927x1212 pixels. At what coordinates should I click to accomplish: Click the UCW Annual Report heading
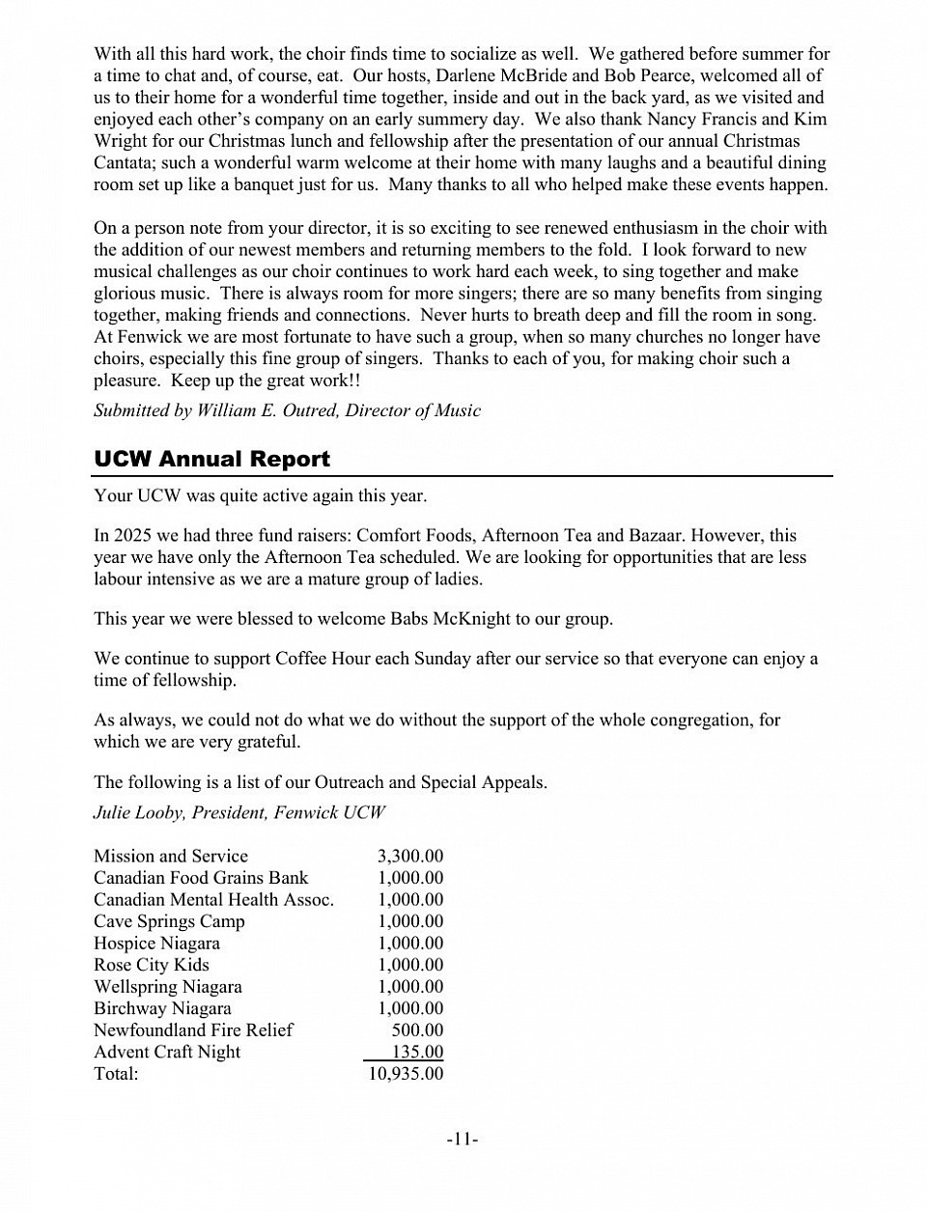211,459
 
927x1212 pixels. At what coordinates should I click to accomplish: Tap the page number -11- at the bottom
463,1140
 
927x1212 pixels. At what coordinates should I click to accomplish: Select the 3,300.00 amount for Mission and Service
409,856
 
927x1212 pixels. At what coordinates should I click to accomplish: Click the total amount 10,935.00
406,1073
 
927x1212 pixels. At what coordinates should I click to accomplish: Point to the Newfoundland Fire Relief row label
193,1029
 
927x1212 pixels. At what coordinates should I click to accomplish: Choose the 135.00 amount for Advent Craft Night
417,1052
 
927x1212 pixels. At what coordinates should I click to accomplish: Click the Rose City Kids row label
151,965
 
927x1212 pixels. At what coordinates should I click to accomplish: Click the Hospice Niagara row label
156,943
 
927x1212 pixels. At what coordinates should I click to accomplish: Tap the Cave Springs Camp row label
169,921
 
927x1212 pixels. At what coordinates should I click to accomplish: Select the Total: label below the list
116,1073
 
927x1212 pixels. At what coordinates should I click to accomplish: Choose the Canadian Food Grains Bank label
201,878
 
